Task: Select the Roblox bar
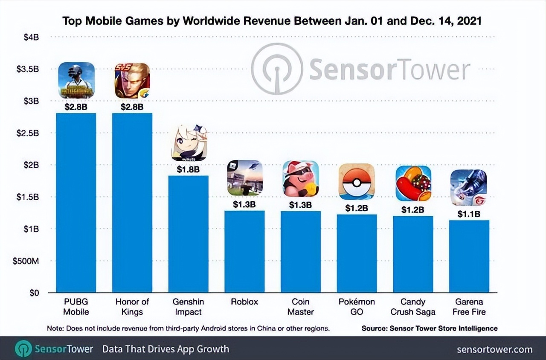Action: point(244,251)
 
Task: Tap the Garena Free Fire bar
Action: point(469,256)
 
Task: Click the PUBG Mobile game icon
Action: point(76,80)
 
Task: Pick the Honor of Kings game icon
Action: point(132,81)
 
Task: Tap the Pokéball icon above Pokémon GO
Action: point(357,182)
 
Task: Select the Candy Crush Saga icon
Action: point(413,183)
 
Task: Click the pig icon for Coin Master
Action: point(301,179)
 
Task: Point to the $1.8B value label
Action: point(188,169)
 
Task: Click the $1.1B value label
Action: point(469,214)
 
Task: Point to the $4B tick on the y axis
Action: point(31,37)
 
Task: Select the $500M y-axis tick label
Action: point(26,261)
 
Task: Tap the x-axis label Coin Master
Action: point(301,307)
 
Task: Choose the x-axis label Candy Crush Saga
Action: point(413,307)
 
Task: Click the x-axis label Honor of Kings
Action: point(132,307)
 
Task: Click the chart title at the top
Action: point(272,21)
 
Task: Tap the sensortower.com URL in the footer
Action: point(494,349)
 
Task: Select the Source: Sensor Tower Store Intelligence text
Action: point(430,328)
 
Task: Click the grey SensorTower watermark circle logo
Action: point(277,69)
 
